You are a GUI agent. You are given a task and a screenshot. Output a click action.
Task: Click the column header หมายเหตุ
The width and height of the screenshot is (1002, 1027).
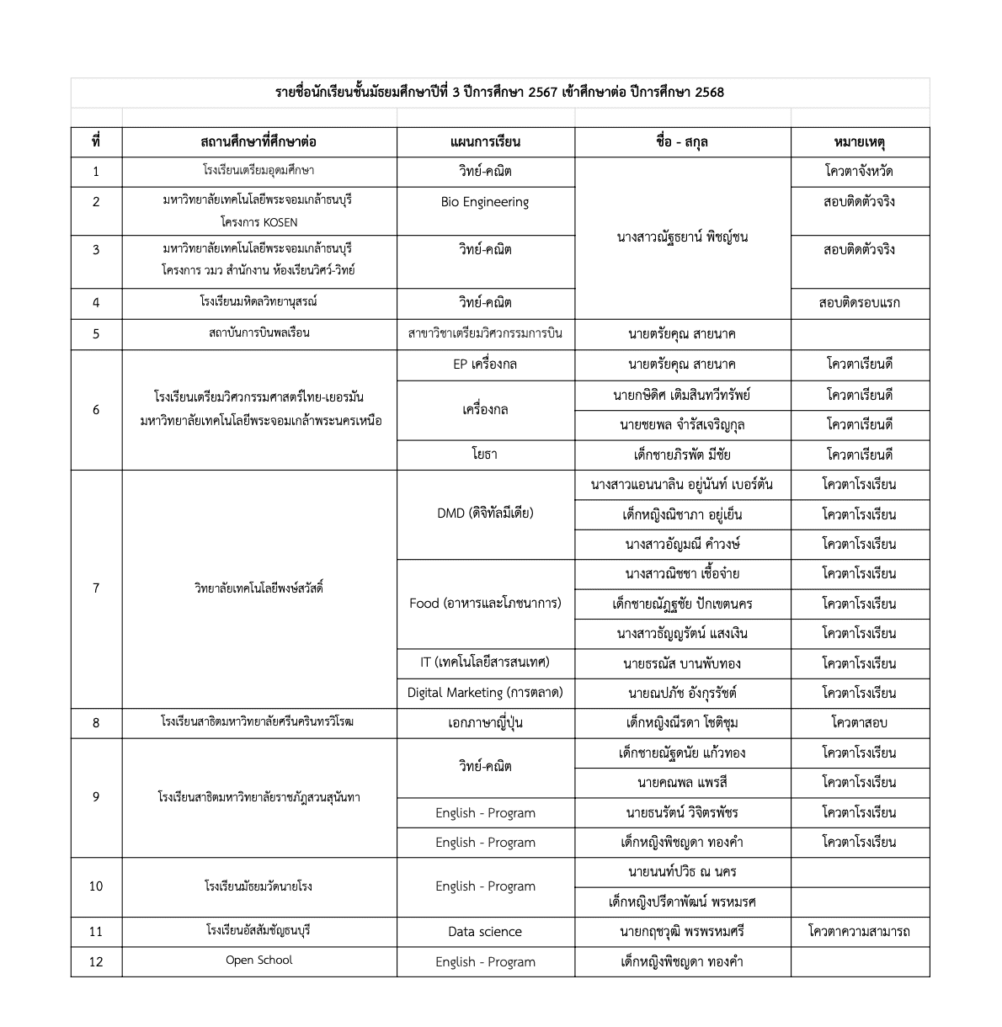click(x=859, y=141)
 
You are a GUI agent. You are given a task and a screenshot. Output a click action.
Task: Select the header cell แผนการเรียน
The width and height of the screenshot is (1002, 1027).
click(x=485, y=141)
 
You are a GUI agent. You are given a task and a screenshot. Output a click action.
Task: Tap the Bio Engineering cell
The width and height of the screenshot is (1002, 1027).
click(x=485, y=202)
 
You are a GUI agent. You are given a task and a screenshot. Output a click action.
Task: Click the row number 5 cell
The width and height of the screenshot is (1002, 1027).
click(x=96, y=334)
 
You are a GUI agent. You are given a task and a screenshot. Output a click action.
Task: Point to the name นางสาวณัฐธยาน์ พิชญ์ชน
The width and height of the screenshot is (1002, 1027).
click(x=682, y=237)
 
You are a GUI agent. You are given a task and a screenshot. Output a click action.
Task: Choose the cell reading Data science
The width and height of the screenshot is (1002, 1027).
click(x=485, y=932)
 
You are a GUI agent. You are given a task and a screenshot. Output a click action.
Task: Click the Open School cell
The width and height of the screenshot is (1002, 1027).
click(x=258, y=960)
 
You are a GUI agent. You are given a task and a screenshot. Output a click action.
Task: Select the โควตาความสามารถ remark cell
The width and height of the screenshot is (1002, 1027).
click(x=859, y=932)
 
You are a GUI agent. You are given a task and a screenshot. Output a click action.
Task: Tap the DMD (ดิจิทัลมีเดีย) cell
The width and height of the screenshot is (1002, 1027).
click(x=485, y=513)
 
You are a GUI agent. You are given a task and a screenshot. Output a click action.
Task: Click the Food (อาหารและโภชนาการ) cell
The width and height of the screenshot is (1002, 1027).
click(x=485, y=603)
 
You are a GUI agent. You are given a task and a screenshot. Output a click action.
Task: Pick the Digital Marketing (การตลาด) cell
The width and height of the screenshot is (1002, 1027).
click(x=485, y=693)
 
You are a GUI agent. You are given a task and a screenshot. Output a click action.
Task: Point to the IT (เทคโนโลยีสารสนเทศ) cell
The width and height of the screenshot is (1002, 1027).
click(x=485, y=662)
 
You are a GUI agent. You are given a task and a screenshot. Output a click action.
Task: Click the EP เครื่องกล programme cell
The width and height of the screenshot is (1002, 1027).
click(x=485, y=365)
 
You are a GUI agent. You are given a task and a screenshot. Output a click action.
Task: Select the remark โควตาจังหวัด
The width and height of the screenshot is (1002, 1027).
click(x=859, y=172)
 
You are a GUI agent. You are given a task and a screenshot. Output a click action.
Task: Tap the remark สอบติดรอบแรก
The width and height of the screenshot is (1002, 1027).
click(x=859, y=303)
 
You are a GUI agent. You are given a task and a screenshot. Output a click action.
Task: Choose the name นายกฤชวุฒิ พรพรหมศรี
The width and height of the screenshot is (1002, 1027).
click(x=682, y=932)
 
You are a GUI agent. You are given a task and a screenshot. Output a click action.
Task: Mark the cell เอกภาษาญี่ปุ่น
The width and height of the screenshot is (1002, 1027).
click(x=485, y=723)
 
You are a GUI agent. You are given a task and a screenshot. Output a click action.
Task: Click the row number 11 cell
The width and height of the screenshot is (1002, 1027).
click(x=96, y=932)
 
